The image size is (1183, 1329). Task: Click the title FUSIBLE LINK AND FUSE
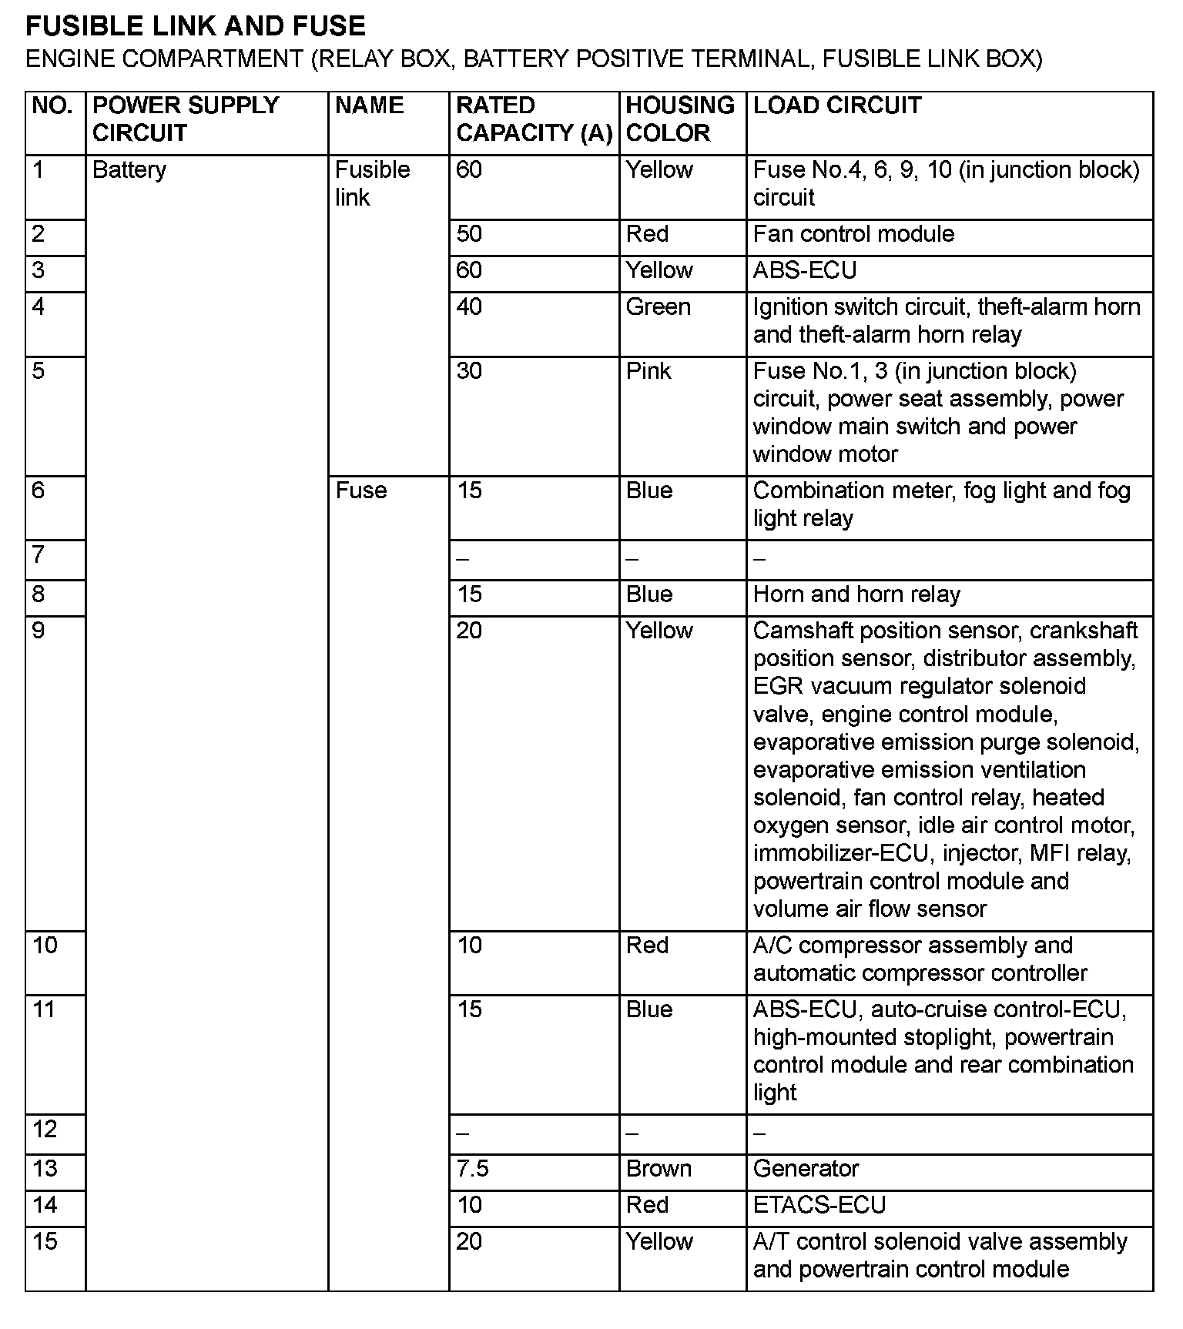[196, 26]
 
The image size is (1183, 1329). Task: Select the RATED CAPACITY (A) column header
[534, 119]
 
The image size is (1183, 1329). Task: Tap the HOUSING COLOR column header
[680, 119]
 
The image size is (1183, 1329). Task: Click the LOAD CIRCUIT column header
[837, 105]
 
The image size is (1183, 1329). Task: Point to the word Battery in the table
[129, 169]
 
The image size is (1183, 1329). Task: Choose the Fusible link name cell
[372, 183]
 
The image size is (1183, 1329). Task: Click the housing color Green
[658, 307]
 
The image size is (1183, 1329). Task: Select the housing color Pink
[648, 371]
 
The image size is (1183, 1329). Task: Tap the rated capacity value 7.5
[472, 1169]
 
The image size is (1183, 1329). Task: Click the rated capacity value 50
[469, 234]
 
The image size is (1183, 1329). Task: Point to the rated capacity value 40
[469, 307]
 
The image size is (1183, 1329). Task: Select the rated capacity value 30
[469, 371]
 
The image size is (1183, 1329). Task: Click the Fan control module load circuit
[853, 234]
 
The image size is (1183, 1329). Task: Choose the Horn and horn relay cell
[856, 594]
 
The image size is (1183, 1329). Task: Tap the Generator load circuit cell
[806, 1169]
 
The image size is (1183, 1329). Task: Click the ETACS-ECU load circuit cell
[819, 1205]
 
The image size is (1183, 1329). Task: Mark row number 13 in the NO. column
[45, 1169]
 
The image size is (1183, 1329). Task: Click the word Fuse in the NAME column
[360, 490]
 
